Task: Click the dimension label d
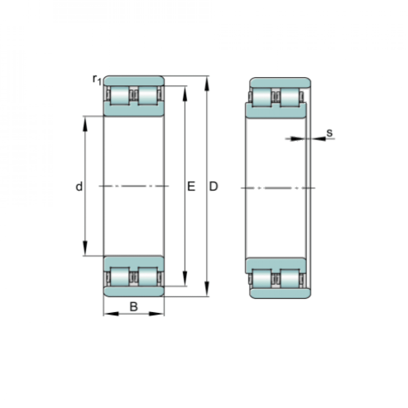79,186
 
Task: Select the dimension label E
191,186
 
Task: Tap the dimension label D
213,186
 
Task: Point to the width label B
134,307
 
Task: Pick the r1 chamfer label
97,80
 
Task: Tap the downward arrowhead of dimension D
207,289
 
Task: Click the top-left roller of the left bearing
120,96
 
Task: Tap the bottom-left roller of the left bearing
120,277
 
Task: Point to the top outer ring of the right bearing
280,83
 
